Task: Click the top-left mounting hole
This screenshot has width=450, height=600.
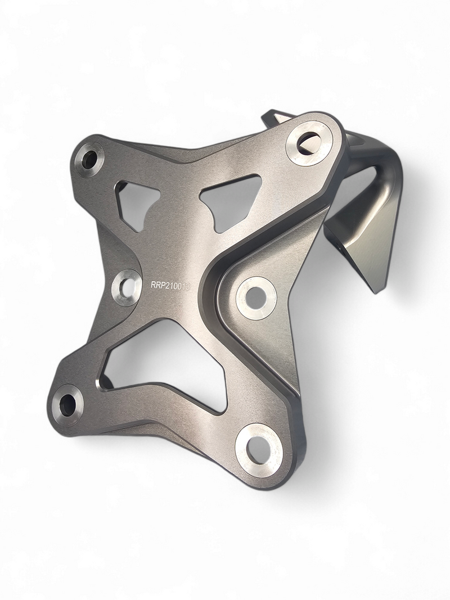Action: tap(89, 159)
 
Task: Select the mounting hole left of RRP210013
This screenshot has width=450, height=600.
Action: tap(126, 287)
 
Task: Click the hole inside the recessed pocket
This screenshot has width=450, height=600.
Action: tap(256, 297)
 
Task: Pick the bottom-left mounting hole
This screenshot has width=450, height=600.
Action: tap(68, 404)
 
